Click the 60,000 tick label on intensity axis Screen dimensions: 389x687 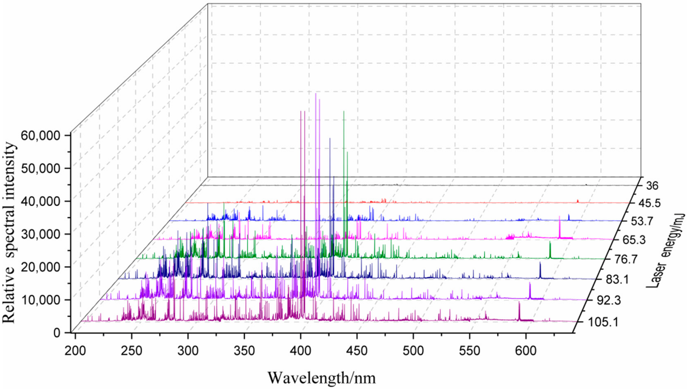point(41,135)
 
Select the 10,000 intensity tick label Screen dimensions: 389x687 point(41,300)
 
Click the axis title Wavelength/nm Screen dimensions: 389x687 point(322,378)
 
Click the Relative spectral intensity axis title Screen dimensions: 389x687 point(9,233)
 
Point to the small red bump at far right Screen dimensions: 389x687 point(578,201)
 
